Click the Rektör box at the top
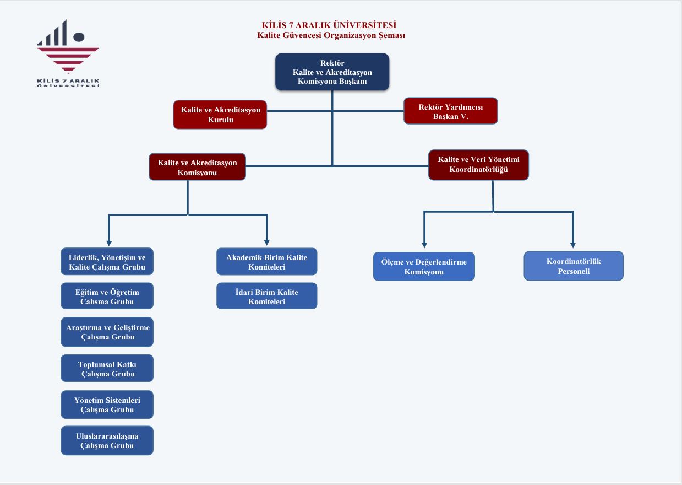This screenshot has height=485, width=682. tap(332, 72)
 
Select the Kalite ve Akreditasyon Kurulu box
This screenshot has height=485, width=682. tap(220, 115)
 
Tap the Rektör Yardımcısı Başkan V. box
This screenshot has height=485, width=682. tap(450, 111)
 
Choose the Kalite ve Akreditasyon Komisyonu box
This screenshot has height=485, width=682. tap(197, 167)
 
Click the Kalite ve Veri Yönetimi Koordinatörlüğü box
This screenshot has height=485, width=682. tap(478, 164)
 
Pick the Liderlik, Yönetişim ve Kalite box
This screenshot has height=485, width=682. tap(107, 262)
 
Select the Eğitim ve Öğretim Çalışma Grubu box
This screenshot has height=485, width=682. tap(107, 297)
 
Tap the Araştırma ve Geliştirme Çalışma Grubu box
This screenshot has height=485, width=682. tap(107, 332)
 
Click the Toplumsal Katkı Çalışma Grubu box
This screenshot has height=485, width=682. tap(107, 369)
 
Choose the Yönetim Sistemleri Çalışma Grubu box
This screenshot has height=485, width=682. tap(107, 405)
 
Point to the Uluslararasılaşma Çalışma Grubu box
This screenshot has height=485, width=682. tap(107, 440)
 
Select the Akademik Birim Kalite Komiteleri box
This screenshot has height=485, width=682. tap(266, 262)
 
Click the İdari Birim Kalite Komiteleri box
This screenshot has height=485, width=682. tap(266, 296)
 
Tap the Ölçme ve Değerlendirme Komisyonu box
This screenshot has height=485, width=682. tap(423, 267)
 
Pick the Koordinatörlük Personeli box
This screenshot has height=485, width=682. tap(573, 266)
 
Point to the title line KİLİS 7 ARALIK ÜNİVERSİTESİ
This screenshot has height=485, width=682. tap(329, 25)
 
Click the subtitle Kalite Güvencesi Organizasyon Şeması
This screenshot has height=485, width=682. tap(331, 36)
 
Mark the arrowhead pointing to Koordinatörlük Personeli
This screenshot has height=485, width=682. tap(573, 244)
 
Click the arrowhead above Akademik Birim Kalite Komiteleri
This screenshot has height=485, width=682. tap(267, 241)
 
